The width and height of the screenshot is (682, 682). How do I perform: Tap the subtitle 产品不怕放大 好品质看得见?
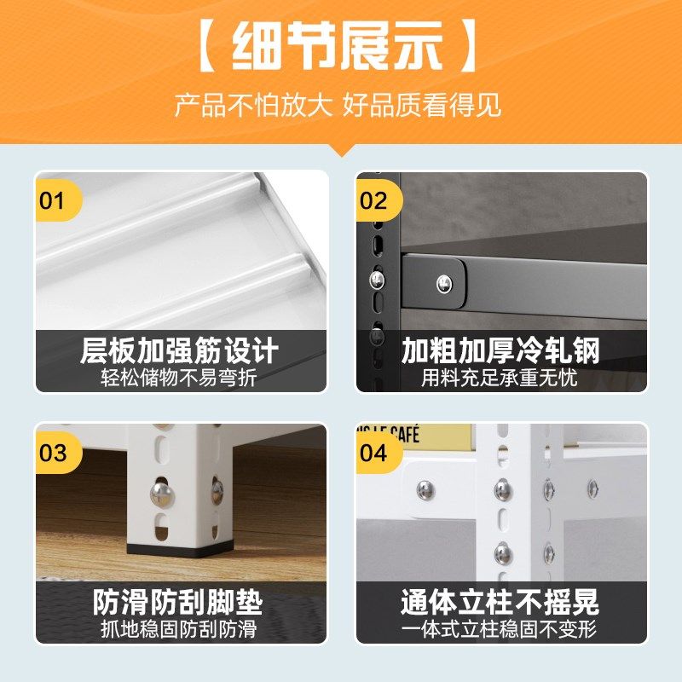point(338,106)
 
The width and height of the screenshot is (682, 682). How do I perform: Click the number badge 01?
point(53,201)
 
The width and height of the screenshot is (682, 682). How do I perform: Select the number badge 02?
point(373,201)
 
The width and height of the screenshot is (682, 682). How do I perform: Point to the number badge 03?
point(53,453)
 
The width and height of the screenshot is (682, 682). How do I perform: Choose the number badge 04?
point(373,453)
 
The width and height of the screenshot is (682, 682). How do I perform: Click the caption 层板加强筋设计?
point(180,350)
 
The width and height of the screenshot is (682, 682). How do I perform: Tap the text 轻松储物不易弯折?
point(180,377)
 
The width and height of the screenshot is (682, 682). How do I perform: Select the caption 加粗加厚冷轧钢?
point(500,350)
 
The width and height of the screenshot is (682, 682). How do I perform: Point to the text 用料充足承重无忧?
point(500,377)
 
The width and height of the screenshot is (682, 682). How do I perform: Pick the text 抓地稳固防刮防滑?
point(180,629)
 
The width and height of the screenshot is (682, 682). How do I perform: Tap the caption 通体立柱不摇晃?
point(500,603)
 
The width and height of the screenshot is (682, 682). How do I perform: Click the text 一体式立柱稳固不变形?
point(500,629)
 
